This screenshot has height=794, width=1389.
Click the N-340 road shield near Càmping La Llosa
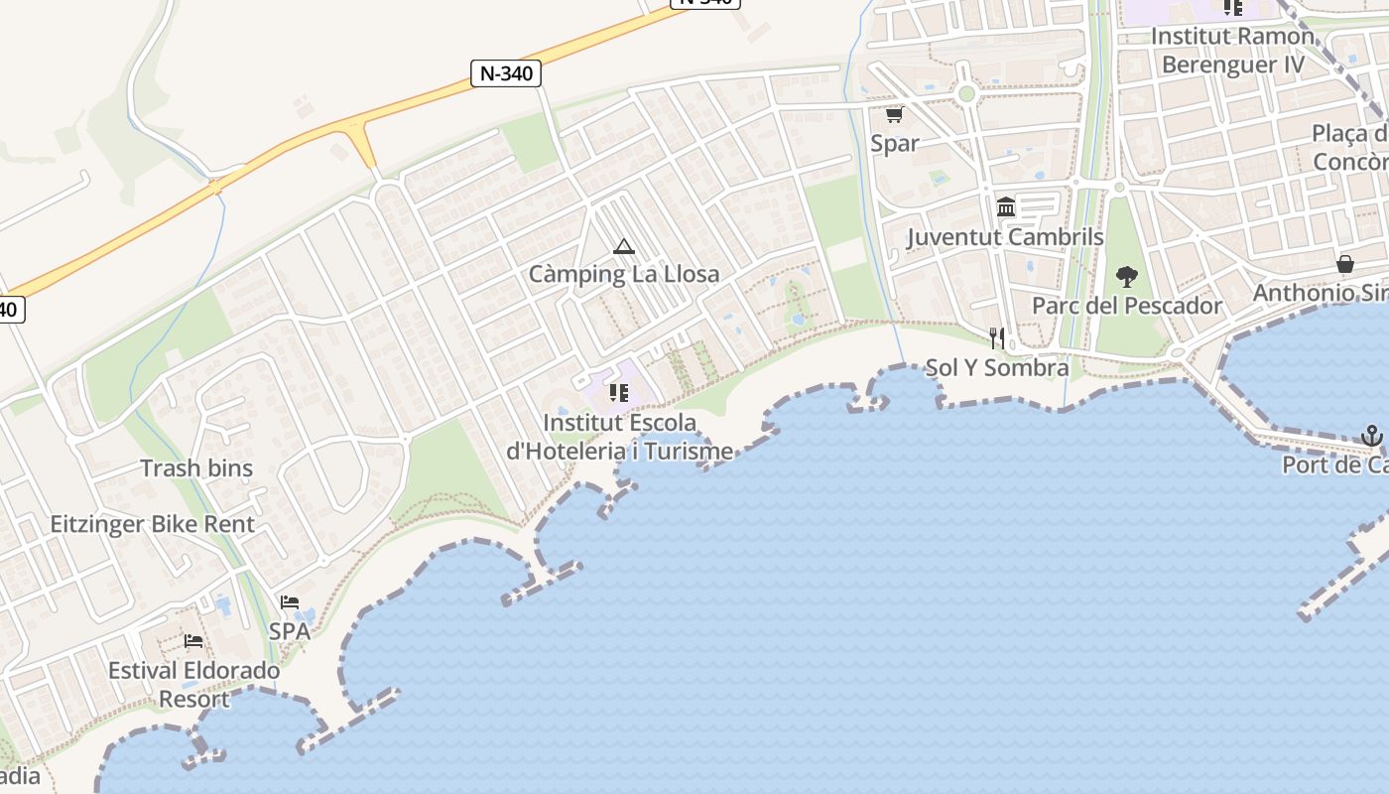pyautogui.click(x=506, y=72)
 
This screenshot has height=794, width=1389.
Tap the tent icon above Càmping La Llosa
pyautogui.click(x=623, y=246)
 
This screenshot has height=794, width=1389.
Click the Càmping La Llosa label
pyautogui.click(x=623, y=274)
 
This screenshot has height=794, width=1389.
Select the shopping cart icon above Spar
pyautogui.click(x=894, y=115)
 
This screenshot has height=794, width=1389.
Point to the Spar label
pyautogui.click(x=894, y=143)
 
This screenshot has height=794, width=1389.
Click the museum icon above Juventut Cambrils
pyautogui.click(x=1006, y=207)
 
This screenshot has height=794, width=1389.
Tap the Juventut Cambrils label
pyautogui.click(x=1005, y=237)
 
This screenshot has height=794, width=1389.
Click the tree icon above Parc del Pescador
pyautogui.click(x=1126, y=276)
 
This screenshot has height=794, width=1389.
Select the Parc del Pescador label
pyautogui.click(x=1127, y=306)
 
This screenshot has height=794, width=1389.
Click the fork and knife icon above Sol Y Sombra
pyautogui.click(x=997, y=338)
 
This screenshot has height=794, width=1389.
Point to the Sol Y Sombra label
pyautogui.click(x=997, y=368)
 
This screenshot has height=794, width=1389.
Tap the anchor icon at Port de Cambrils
pyautogui.click(x=1370, y=436)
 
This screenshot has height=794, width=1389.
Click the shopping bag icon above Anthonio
pyautogui.click(x=1345, y=264)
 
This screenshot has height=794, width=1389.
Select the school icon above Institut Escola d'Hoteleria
pyautogui.click(x=619, y=393)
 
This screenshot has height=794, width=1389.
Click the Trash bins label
pyautogui.click(x=196, y=468)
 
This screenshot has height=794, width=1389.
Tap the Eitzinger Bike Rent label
pyautogui.click(x=153, y=524)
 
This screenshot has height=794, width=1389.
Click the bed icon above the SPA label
pyautogui.click(x=290, y=602)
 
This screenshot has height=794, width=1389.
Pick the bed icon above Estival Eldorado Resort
pyautogui.click(x=193, y=641)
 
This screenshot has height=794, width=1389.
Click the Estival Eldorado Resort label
pyautogui.click(x=193, y=685)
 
